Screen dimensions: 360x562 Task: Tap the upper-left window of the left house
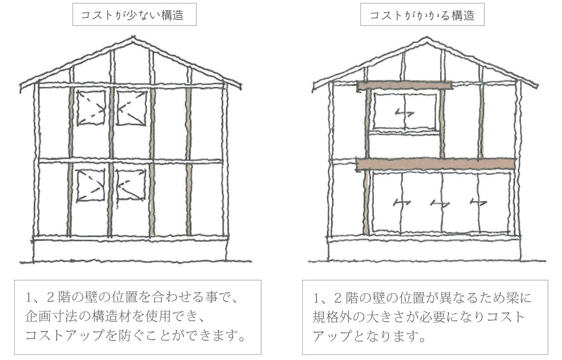click(x=91, y=108)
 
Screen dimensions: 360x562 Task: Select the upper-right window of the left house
click(x=131, y=108)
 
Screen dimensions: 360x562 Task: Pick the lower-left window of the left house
click(x=91, y=185)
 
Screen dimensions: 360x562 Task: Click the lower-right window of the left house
click(x=131, y=185)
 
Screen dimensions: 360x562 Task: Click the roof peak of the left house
click(x=133, y=39)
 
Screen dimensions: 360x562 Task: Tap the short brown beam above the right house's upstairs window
click(x=404, y=85)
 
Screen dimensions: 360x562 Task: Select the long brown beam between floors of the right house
click(x=435, y=164)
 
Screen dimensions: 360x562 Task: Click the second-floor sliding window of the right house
click(x=404, y=112)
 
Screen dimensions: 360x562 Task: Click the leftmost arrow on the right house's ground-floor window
click(x=402, y=202)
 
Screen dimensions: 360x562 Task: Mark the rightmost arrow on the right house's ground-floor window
click(x=478, y=202)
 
